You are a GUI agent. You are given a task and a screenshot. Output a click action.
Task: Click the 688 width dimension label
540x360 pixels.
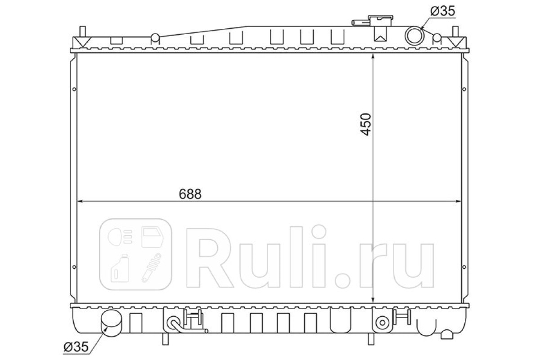click(x=190, y=194)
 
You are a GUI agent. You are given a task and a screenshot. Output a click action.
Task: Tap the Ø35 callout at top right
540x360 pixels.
click(x=443, y=11)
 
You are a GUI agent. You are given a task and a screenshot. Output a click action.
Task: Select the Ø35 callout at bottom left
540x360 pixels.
click(x=76, y=347)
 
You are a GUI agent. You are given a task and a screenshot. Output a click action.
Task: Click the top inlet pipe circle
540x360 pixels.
click(x=414, y=36)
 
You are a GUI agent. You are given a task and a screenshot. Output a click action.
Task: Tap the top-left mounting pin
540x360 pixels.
click(x=82, y=31)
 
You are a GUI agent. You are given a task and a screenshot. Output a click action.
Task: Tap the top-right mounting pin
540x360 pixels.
click(x=455, y=31)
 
